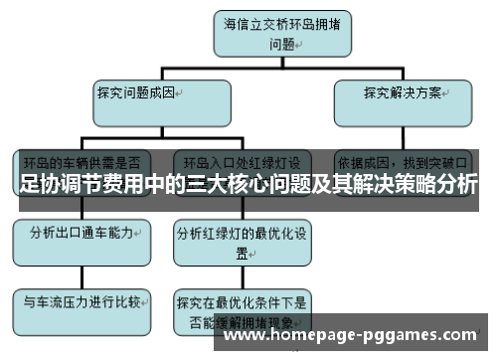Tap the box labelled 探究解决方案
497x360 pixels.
click(402, 100)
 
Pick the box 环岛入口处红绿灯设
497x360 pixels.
click(243, 161)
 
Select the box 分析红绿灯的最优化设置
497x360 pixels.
click(243, 243)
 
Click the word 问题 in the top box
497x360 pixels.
click(281, 44)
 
